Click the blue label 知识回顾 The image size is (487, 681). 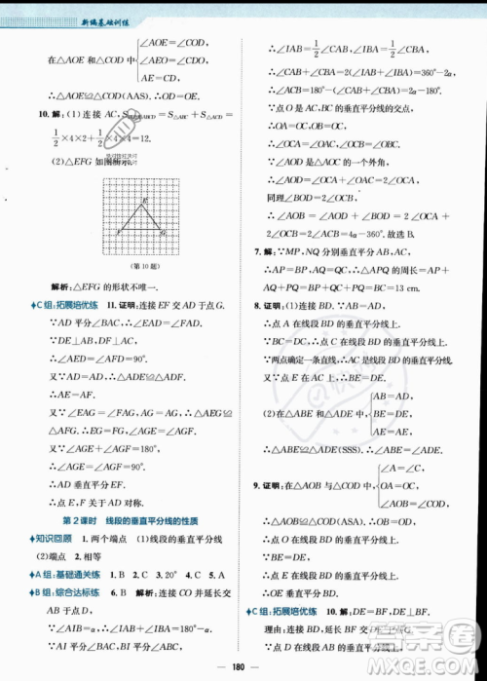(61, 537)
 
